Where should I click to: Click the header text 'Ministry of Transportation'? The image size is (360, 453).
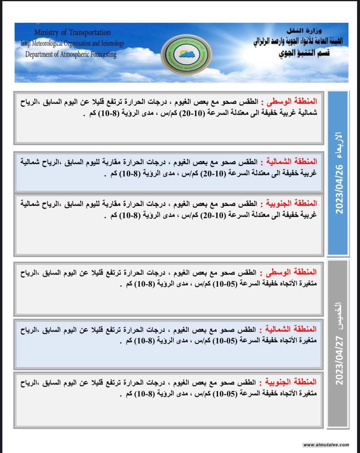pos(73,33)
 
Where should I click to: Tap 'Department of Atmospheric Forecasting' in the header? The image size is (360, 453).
pos(71,55)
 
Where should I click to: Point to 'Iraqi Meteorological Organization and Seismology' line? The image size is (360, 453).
pos(73,44)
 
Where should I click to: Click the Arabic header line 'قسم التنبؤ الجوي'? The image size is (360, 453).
pos(304,53)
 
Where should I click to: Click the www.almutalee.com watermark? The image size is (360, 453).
pos(326,445)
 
